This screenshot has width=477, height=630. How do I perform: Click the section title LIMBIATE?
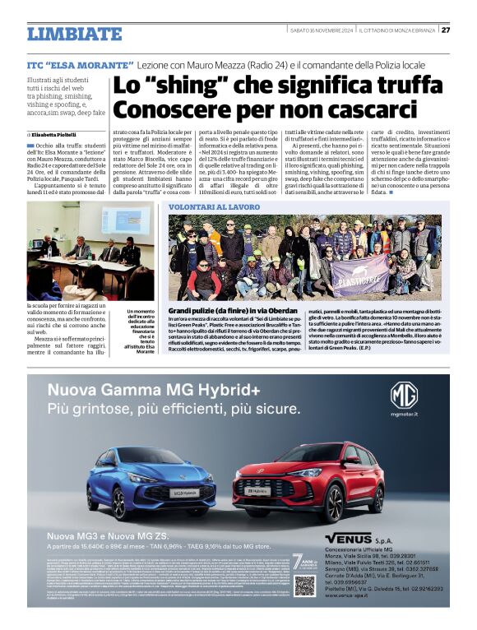(x=74, y=34)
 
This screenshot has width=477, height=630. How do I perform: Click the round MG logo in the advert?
(x=404, y=396)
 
